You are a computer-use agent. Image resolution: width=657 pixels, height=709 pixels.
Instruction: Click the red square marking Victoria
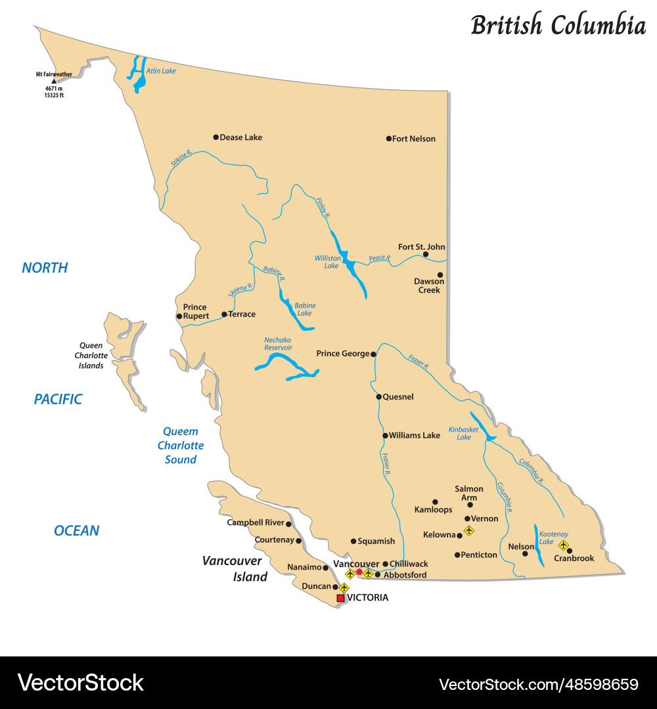click(340, 598)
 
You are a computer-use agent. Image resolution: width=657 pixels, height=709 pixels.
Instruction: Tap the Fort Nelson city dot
click(388, 139)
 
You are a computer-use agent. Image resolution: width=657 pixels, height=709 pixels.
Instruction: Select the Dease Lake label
click(240, 137)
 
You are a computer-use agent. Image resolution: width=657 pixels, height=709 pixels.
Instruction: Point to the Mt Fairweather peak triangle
click(54, 81)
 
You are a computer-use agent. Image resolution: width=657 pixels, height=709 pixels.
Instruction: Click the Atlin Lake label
click(161, 71)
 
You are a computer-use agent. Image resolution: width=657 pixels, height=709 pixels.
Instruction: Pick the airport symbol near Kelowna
click(468, 530)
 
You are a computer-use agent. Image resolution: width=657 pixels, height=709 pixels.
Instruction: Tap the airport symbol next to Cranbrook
click(563, 545)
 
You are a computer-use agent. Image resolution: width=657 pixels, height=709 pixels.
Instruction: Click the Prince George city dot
click(373, 354)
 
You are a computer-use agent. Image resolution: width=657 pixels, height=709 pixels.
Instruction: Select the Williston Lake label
click(327, 262)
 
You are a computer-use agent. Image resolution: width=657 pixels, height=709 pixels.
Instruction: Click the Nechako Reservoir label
click(278, 343)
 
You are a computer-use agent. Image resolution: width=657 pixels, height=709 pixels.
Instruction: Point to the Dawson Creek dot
click(440, 275)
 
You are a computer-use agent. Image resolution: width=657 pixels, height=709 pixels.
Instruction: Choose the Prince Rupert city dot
click(179, 316)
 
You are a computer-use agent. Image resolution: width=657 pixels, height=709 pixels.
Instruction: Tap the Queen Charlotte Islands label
click(91, 355)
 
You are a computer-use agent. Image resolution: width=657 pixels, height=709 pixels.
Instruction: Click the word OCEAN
click(77, 530)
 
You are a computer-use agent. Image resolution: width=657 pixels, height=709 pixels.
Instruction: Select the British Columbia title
click(558, 26)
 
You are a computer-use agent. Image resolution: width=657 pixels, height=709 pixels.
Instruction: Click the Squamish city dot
click(353, 541)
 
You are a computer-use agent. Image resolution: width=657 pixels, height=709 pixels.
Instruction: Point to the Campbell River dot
click(288, 524)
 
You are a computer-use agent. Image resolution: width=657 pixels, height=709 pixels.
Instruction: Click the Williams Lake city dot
click(385, 435)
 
